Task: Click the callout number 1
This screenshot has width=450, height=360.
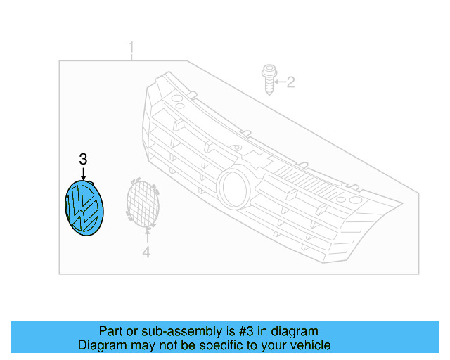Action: pos(131,48)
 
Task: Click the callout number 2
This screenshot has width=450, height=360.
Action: pos(290,83)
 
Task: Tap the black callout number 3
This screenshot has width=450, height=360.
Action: pos(83,159)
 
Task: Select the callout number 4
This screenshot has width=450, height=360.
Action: pos(146,252)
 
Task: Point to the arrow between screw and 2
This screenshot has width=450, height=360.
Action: pos(278,83)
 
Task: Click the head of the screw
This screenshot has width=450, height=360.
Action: pos(267,71)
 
